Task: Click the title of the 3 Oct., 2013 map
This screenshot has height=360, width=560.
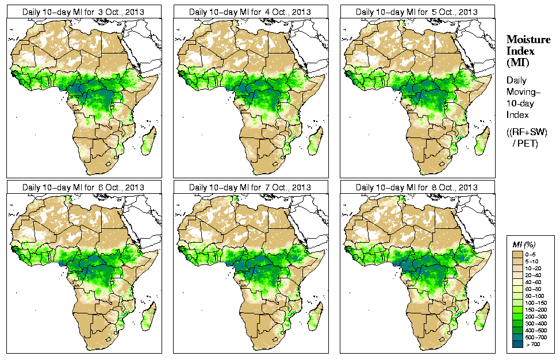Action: tap(83, 12)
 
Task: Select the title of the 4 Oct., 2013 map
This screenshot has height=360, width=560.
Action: tap(250, 12)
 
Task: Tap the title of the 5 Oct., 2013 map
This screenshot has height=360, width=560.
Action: tap(417, 12)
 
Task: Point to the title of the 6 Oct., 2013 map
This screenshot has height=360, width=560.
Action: tap(83, 187)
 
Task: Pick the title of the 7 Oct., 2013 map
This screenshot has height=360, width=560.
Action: tap(250, 187)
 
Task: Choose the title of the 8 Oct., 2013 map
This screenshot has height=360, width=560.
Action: tap(417, 187)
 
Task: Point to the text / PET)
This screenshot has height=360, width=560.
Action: tap(525, 143)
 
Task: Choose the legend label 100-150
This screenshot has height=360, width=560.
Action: tap(536, 302)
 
